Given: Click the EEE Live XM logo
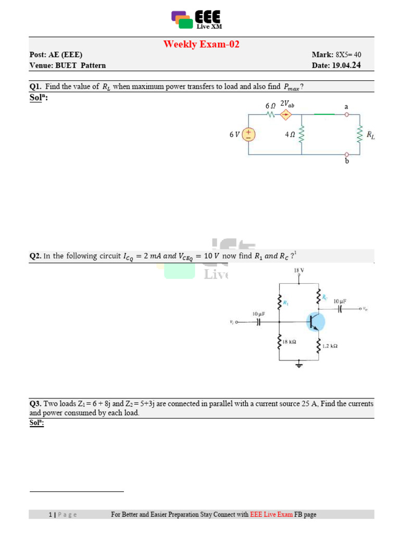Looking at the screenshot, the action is (x=196, y=20).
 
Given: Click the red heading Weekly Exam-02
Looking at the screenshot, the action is (x=201, y=44).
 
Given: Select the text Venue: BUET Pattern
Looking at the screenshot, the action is (x=68, y=65).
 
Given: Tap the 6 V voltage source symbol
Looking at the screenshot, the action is (x=248, y=134).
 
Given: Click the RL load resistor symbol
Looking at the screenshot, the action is (x=359, y=135).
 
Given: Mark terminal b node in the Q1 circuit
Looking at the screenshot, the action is (x=347, y=154).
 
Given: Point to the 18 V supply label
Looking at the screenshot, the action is (x=299, y=271).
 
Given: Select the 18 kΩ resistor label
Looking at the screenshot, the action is (x=289, y=342).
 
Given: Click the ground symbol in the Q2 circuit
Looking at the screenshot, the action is (x=299, y=365).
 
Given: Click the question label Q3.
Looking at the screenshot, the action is (x=35, y=404).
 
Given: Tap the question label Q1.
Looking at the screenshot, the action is (x=35, y=87).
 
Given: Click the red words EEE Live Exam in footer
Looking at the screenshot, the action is (x=271, y=515).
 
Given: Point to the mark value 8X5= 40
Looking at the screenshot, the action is (x=348, y=55).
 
